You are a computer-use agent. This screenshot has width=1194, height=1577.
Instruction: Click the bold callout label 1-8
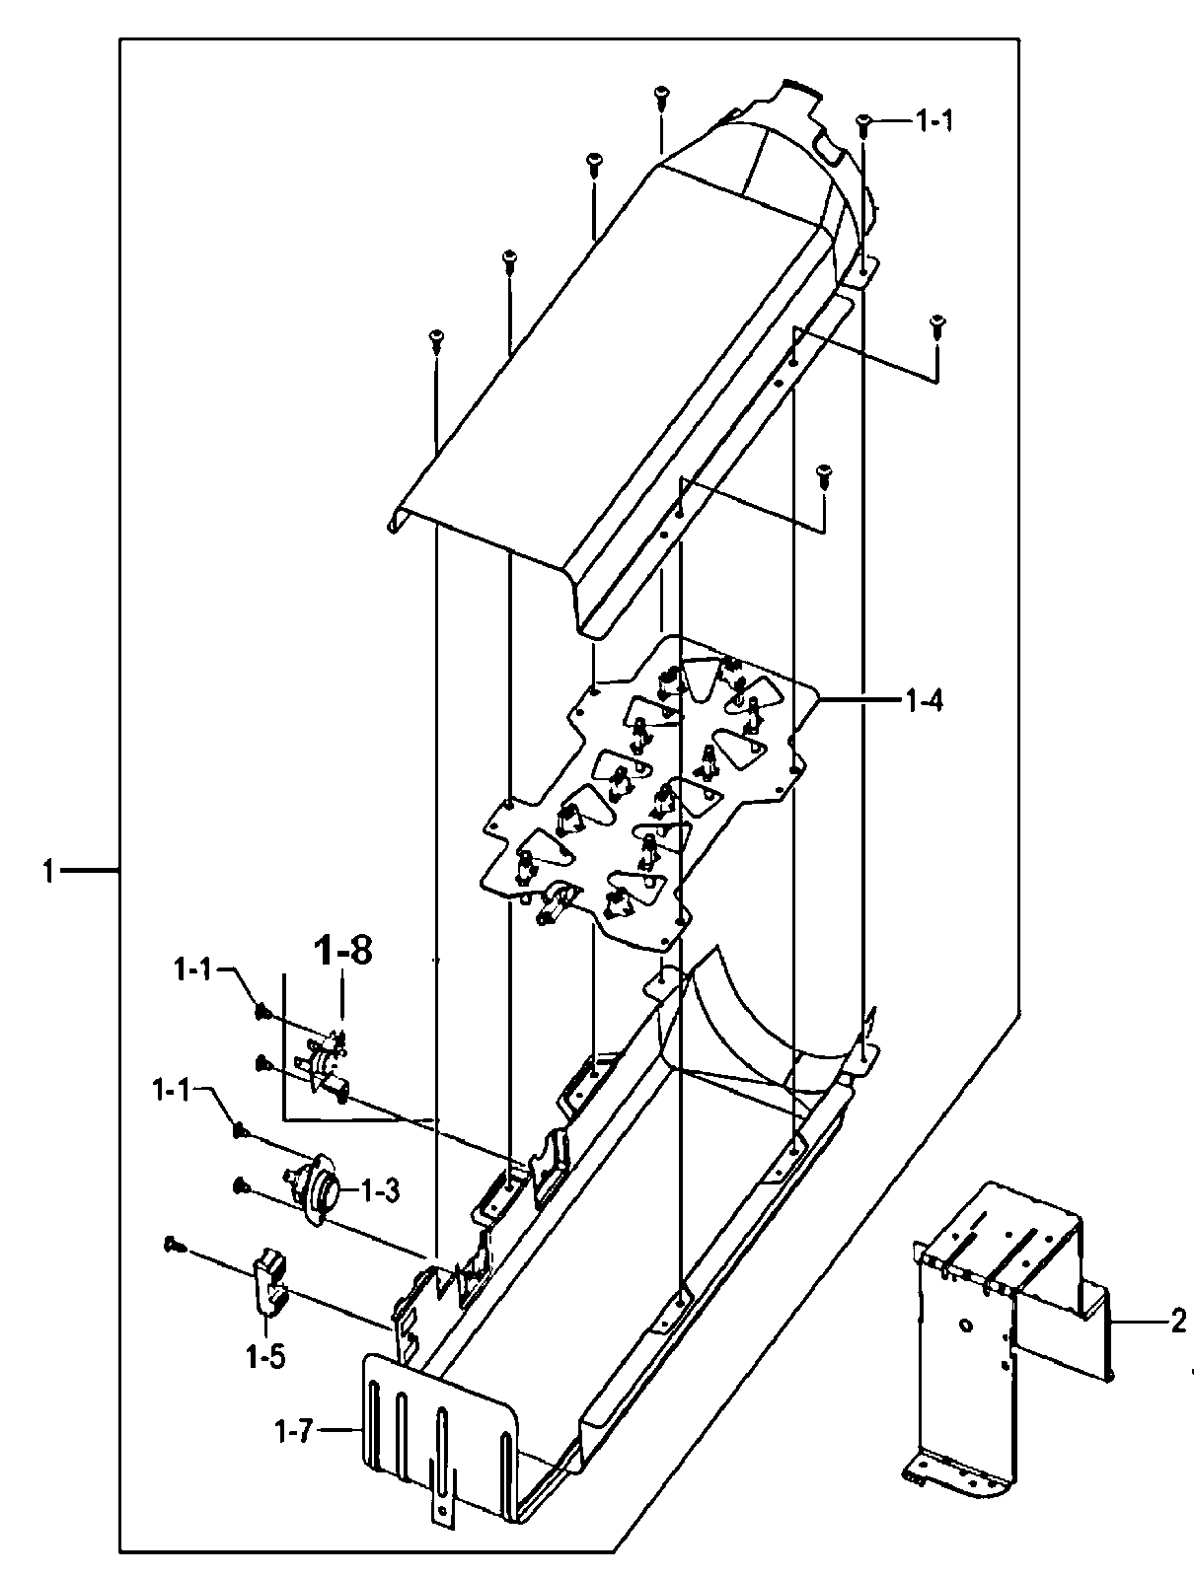342,952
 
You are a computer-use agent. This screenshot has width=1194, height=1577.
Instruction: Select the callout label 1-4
925,701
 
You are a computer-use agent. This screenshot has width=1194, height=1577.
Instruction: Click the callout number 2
1178,1323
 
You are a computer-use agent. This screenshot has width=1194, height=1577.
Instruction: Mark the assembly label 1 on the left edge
46,871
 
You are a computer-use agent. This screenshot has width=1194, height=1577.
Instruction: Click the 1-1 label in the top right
933,121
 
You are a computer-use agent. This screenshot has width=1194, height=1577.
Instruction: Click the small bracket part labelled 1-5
268,1280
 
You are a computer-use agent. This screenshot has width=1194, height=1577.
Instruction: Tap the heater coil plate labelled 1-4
651,789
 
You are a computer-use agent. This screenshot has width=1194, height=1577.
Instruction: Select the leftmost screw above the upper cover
435,340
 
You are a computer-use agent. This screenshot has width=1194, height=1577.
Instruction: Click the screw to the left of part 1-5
172,1245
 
